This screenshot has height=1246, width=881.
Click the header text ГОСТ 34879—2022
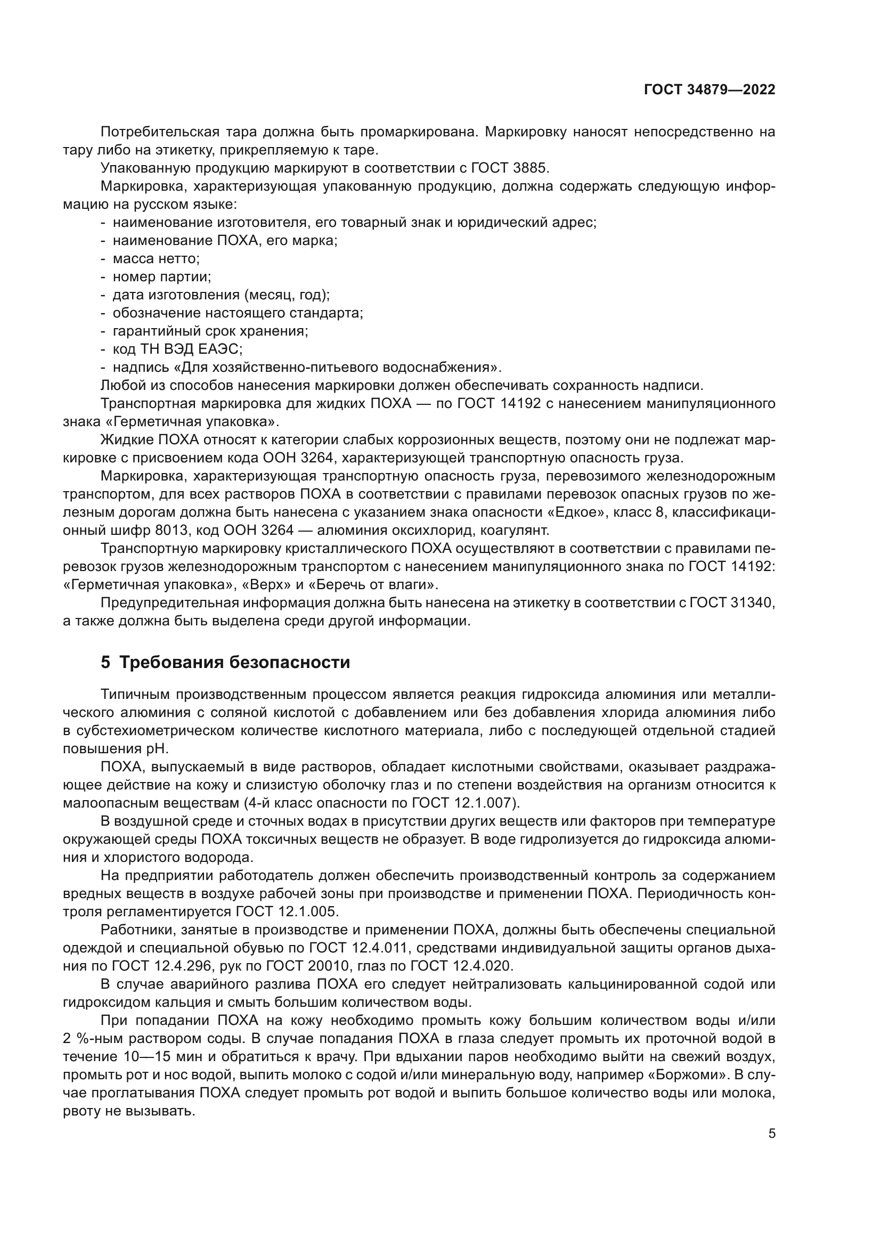[x=709, y=90]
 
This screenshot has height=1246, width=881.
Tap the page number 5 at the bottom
[x=772, y=1133]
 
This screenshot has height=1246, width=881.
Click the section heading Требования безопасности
[x=234, y=663]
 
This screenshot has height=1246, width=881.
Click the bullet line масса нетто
[x=156, y=259]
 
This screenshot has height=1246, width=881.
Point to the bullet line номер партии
[x=162, y=277]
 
